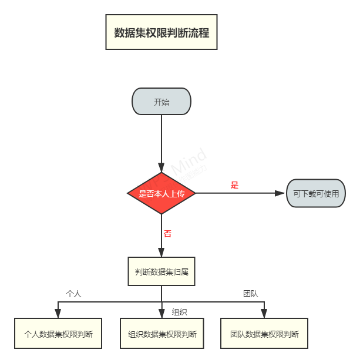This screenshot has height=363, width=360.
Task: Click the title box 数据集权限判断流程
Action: click(x=162, y=32)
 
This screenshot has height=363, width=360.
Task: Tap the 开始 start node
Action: click(x=162, y=102)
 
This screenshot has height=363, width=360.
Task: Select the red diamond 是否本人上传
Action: click(x=162, y=193)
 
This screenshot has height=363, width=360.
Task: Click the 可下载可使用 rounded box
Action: click(x=316, y=193)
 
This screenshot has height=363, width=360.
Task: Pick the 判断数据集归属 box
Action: click(x=162, y=271)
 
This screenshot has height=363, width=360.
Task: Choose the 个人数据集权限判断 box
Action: click(x=58, y=334)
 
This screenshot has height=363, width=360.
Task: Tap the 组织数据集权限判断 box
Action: click(x=162, y=334)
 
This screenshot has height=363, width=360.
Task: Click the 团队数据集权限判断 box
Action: click(x=264, y=334)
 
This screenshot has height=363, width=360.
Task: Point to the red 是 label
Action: click(x=234, y=185)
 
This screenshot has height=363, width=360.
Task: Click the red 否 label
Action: click(x=167, y=234)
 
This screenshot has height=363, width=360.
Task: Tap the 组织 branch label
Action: click(x=179, y=312)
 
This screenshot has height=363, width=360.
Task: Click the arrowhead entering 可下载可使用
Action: click(x=281, y=193)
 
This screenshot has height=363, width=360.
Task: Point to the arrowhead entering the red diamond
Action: click(x=162, y=167)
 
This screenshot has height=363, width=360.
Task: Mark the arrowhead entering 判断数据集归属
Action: click(x=162, y=252)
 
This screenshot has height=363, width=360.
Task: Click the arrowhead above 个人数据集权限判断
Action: click(x=58, y=313)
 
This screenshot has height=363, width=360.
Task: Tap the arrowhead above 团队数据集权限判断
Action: click(x=264, y=313)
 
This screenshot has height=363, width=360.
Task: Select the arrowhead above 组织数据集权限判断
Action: click(x=162, y=313)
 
